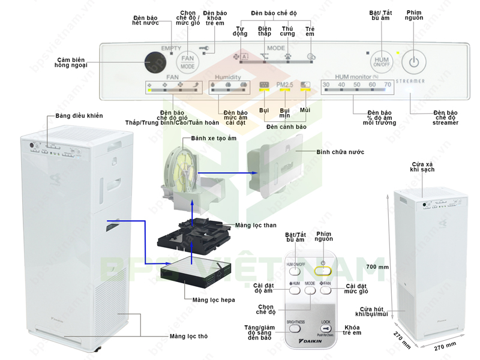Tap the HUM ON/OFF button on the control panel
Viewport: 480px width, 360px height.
click(x=381, y=61)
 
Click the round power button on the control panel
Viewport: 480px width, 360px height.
click(x=413, y=61)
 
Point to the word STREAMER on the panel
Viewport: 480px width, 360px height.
click(x=411, y=80)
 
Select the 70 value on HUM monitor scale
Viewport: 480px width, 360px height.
click(x=388, y=85)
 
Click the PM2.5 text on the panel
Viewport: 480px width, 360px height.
click(x=284, y=85)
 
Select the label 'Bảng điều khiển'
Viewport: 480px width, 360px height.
click(x=79, y=116)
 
